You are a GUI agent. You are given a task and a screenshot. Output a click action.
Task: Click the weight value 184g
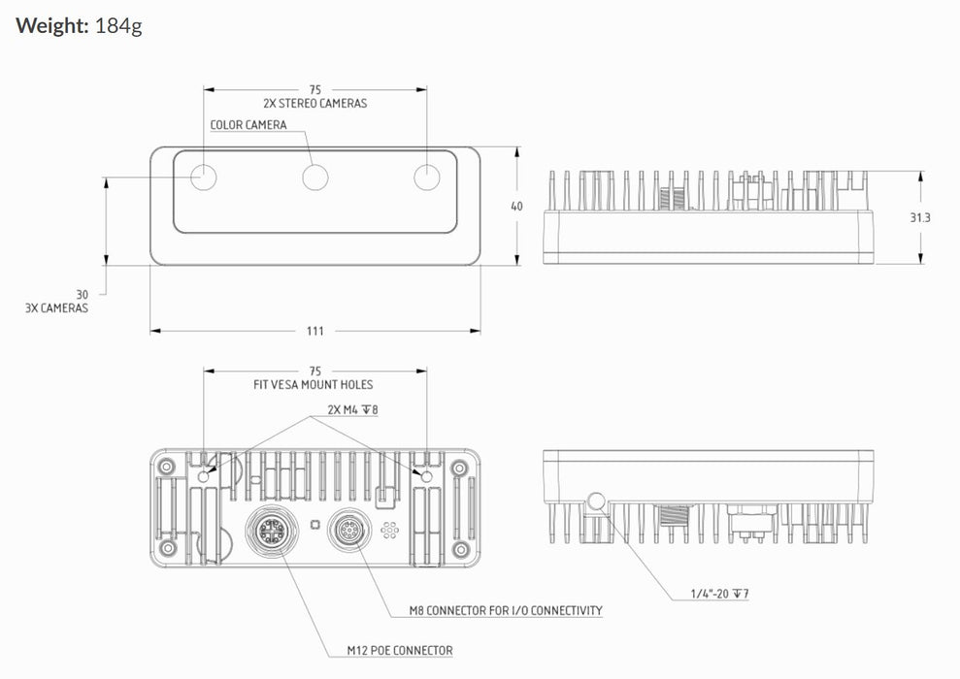pos(118,26)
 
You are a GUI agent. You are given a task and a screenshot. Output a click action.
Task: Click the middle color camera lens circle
pos(315,178)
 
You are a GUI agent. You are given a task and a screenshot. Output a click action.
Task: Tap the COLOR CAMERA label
pos(248,125)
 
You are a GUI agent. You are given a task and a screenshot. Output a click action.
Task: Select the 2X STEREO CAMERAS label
pos(315,104)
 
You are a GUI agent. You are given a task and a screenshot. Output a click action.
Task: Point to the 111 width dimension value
pos(315,331)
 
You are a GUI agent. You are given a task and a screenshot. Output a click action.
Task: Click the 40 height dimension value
pos(516,207)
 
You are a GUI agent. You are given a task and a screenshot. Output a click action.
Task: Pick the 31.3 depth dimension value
pos(919,218)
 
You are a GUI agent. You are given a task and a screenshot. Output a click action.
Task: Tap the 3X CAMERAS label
pos(56,308)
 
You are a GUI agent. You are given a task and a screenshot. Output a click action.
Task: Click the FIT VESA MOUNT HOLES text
pos(313,385)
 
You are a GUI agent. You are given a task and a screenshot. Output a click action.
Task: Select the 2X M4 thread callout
pos(352,410)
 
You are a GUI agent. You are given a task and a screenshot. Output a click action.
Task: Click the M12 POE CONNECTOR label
pos(400,650)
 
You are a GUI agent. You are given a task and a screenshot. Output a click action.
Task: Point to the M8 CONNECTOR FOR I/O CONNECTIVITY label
pos(506,610)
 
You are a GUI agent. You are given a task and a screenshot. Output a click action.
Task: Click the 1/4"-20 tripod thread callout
pos(719,594)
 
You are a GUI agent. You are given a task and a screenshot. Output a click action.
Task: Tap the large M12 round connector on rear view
pos(269,531)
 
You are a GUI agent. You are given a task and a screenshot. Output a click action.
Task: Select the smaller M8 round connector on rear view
pos(349,530)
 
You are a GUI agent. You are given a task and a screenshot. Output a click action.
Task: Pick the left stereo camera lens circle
pos(204,178)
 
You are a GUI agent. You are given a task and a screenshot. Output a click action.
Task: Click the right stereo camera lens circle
pos(427,178)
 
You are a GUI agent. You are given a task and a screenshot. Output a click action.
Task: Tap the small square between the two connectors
pos(315,524)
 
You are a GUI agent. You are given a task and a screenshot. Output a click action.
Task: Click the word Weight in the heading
pos(52,26)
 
